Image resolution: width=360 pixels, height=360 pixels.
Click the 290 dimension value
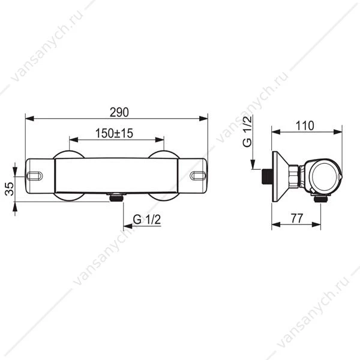coord(119,112)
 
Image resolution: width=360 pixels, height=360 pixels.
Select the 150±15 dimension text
coord(114,133)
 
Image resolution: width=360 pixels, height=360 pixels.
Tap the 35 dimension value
coord(10,189)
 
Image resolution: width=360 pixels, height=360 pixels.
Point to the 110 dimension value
coord(305,126)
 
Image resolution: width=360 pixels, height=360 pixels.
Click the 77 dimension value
coord(297,218)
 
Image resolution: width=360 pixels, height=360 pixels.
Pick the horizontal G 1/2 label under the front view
coord(147,220)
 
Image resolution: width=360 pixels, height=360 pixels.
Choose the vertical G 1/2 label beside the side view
coord(247,131)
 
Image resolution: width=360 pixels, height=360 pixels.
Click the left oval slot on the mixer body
coord(35,176)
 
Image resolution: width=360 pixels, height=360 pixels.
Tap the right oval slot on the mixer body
coord(198,176)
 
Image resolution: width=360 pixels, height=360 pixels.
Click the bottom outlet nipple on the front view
coord(115,197)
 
